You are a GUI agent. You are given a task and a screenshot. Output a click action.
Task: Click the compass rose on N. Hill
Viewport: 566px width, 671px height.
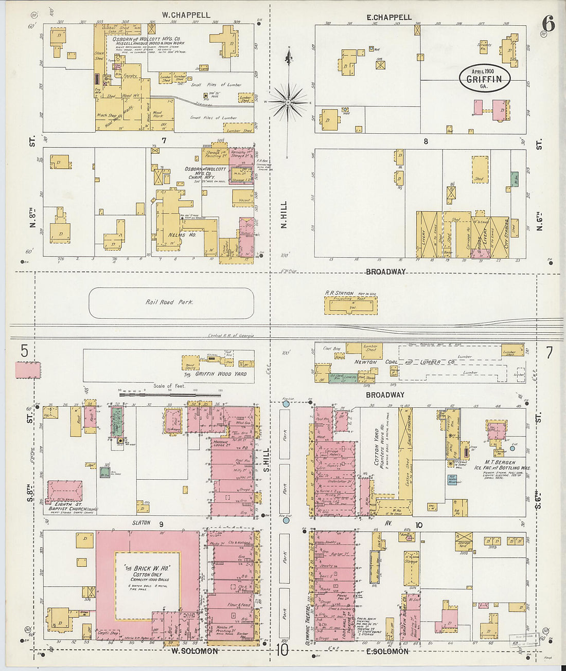point(289,101)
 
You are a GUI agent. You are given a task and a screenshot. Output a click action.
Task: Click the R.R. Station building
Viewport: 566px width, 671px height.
point(350,305)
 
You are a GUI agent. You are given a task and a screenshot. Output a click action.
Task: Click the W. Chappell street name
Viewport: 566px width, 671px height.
point(186,15)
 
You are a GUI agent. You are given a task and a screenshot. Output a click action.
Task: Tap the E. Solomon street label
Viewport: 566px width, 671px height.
point(387,651)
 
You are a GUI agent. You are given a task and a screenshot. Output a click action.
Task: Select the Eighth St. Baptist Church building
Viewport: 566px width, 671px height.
point(64,491)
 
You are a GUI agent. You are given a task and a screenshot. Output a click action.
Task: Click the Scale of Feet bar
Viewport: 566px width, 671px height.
point(170,395)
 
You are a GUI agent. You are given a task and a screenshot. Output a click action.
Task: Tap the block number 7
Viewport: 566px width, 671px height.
point(164,140)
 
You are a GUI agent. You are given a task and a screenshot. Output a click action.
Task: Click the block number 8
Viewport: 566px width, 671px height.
point(426,141)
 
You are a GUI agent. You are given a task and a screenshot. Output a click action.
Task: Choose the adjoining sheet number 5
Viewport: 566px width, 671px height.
point(24,351)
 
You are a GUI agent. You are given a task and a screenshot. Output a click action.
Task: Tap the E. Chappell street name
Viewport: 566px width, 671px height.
point(389,17)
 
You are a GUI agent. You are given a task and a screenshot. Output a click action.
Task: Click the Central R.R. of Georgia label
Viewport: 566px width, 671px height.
point(231,336)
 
